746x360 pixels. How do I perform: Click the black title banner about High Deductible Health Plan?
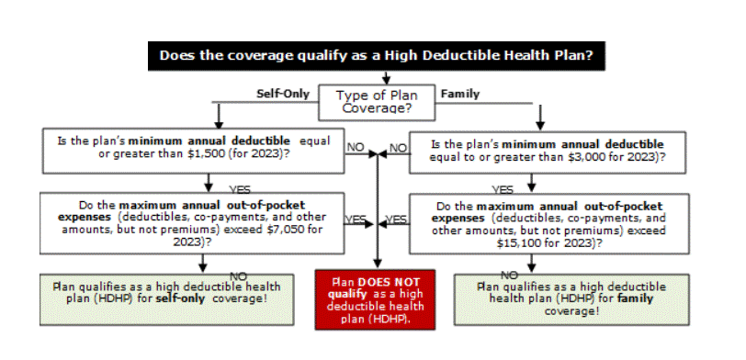(377, 56)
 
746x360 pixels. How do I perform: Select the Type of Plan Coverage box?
(377, 102)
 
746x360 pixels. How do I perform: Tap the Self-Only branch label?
(283, 94)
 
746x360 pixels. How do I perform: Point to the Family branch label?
(460, 94)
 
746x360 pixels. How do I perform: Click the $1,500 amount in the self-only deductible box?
(207, 154)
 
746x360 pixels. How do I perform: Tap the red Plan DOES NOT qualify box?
(375, 299)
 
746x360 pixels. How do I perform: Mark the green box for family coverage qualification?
(571, 299)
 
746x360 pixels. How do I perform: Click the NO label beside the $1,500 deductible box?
(355, 148)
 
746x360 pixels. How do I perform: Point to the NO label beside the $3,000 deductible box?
(398, 148)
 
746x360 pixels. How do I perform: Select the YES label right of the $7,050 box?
(356, 219)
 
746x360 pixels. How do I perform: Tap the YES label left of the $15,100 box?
(396, 219)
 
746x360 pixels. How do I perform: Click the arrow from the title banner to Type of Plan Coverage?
(386, 78)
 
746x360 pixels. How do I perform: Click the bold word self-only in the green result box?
(180, 298)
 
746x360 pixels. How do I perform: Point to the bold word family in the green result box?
(635, 298)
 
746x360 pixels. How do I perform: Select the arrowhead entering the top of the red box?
(378, 264)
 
